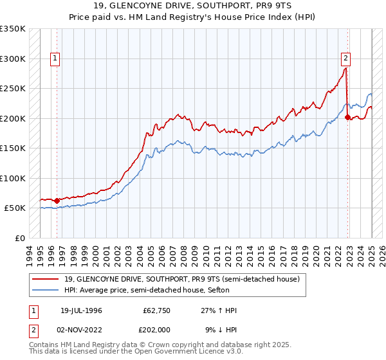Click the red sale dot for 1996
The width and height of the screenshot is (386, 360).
tap(57, 201)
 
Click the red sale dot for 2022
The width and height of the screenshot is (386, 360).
tap(347, 117)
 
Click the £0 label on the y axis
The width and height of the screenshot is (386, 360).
tap(19, 238)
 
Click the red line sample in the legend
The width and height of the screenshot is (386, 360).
tap(45, 279)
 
